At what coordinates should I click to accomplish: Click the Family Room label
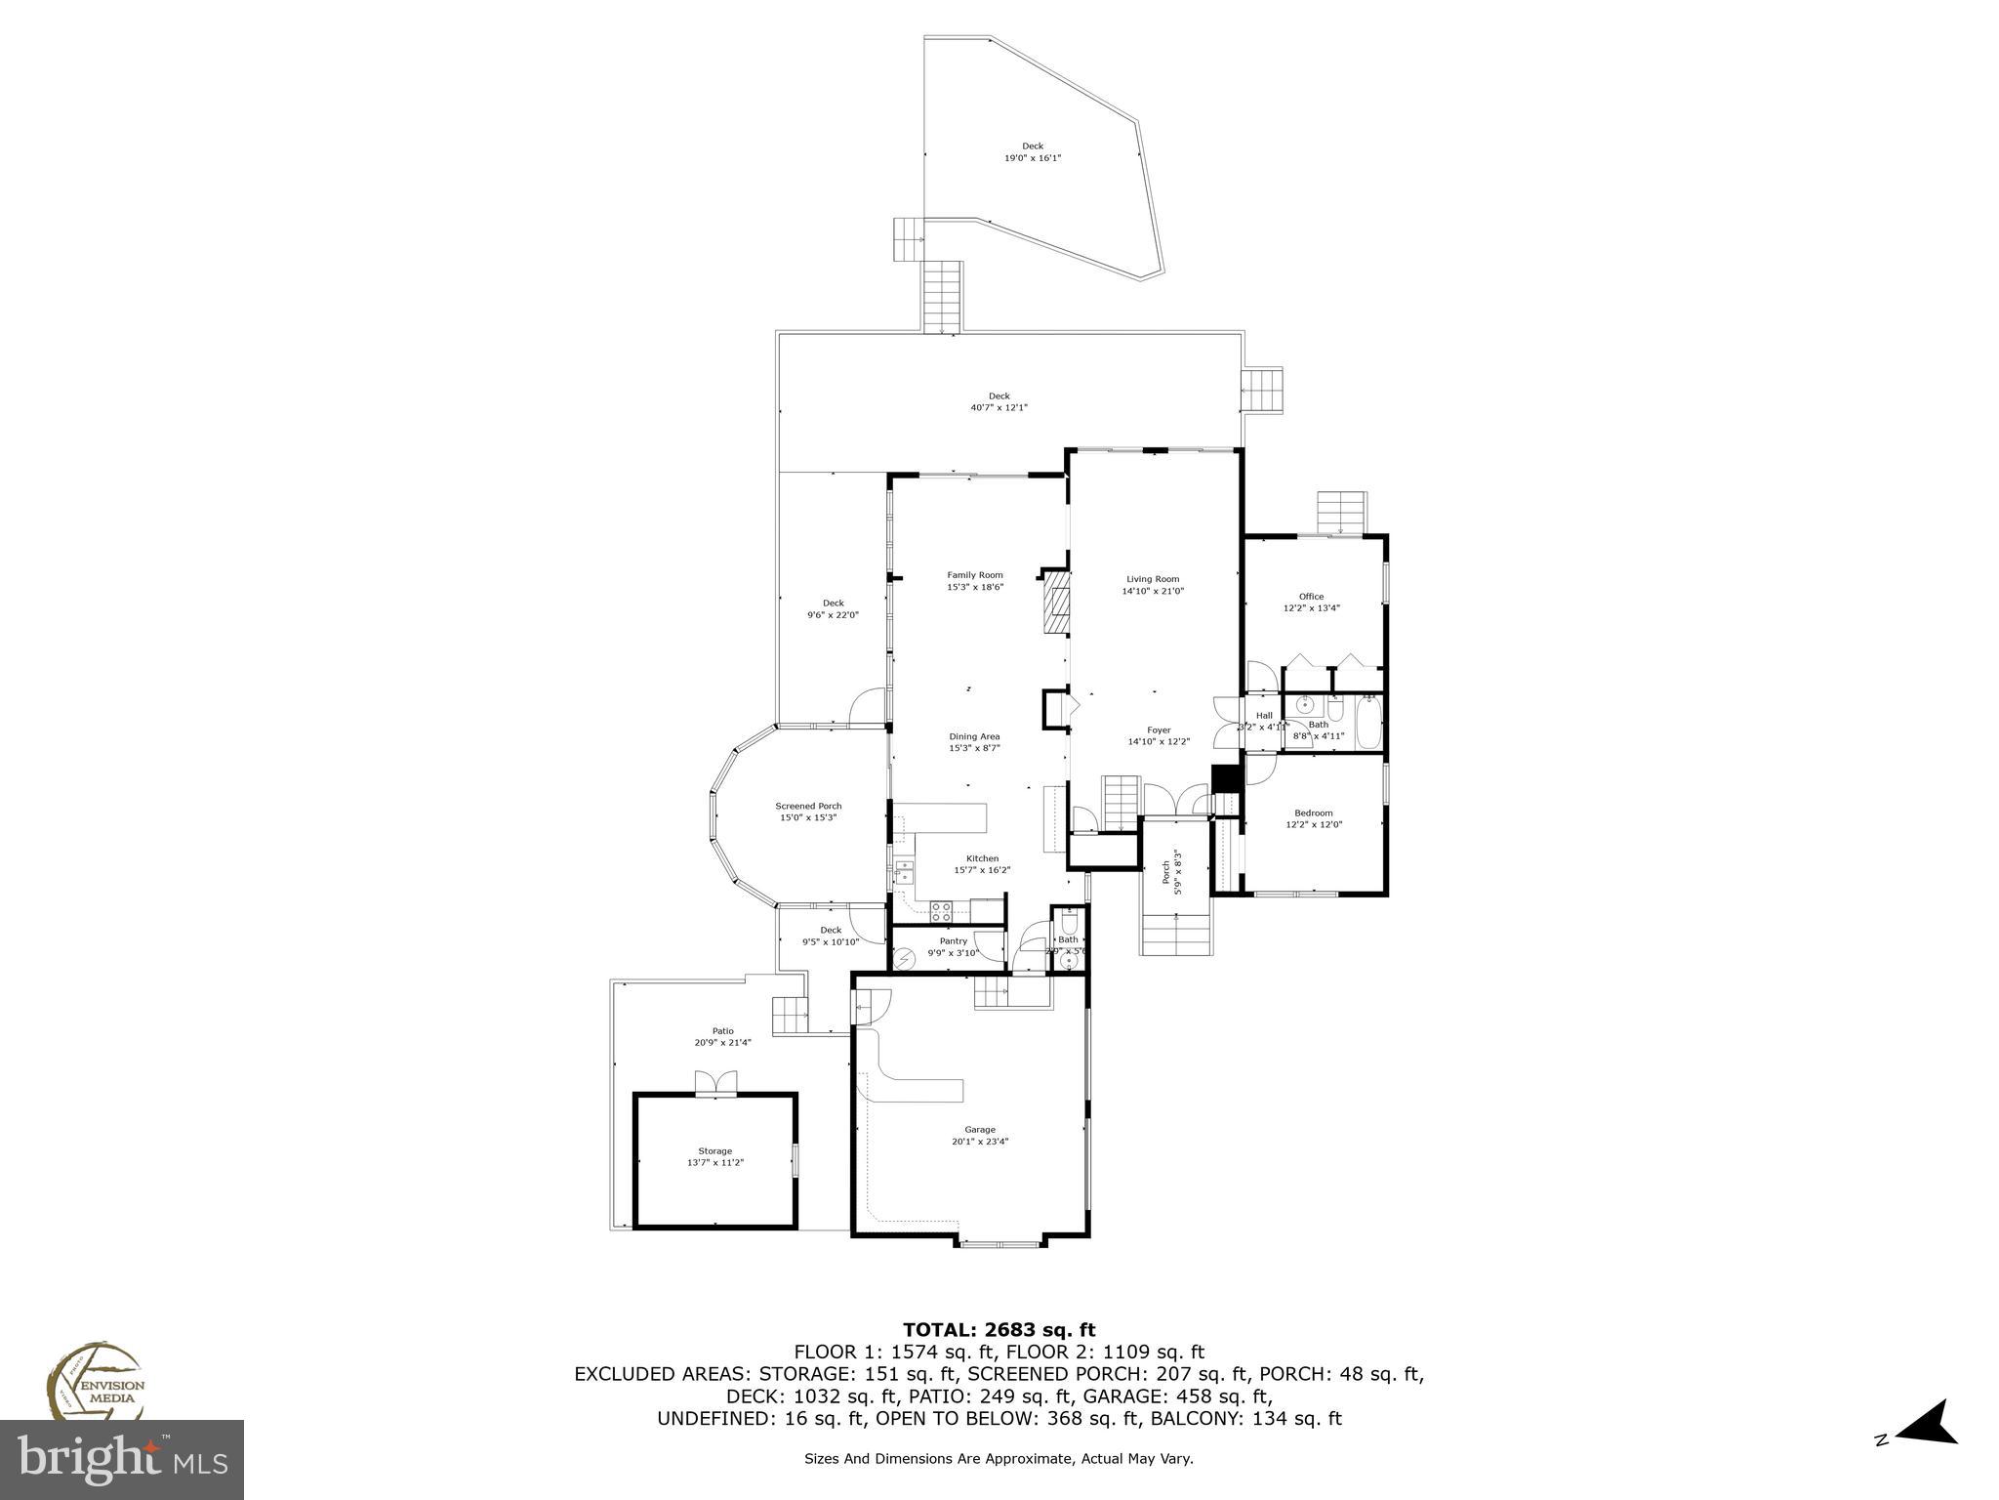click(x=974, y=575)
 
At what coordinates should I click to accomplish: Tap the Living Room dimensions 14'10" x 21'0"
click(x=1153, y=591)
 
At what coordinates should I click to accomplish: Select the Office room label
click(x=1311, y=597)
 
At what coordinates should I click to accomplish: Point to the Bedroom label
click(x=1313, y=812)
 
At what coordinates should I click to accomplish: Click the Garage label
click(x=980, y=1130)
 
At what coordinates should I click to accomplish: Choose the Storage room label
click(x=714, y=1151)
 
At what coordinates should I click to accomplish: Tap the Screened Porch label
click(x=808, y=806)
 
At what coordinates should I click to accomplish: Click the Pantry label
click(x=953, y=941)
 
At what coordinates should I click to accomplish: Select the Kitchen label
click(x=982, y=858)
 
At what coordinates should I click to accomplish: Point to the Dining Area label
click(x=974, y=736)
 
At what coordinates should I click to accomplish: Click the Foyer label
click(x=1159, y=729)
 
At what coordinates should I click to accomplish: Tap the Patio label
click(x=722, y=1031)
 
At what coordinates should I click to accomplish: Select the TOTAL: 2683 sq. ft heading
click(x=999, y=1330)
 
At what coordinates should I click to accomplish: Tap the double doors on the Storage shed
click(x=715, y=1084)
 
